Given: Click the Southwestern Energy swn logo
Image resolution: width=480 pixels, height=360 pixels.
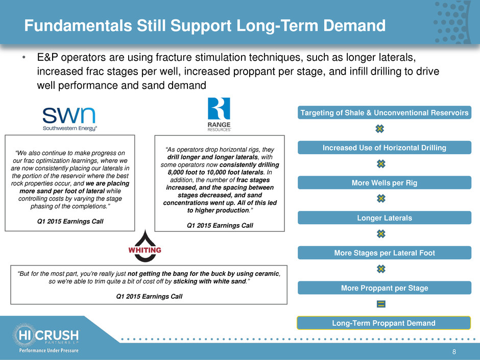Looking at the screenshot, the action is (x=69, y=119).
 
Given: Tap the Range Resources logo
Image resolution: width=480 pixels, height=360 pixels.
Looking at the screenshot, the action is (x=219, y=114).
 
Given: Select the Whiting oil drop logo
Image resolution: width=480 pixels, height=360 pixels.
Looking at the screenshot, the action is (x=145, y=246).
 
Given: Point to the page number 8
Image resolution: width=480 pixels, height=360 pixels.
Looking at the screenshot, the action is (x=454, y=352).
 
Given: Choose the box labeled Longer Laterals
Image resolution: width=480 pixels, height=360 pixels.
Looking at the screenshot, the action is (x=384, y=218).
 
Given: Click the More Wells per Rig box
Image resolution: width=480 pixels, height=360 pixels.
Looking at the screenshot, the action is (x=384, y=183).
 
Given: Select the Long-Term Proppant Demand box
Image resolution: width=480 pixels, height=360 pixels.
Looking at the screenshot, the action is (x=383, y=323).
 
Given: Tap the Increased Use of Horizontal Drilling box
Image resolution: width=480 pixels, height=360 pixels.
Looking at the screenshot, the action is (x=384, y=148).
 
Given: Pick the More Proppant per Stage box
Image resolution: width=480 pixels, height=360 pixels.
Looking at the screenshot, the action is (x=384, y=288).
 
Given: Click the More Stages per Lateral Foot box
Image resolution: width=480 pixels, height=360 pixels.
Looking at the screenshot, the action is (x=384, y=253).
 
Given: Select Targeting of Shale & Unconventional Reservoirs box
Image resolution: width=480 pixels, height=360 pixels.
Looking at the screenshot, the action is (x=384, y=113).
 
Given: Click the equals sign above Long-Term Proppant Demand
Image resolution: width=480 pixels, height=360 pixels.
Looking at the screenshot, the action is (x=381, y=304).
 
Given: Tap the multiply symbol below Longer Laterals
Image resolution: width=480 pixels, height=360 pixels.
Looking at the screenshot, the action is (x=381, y=234).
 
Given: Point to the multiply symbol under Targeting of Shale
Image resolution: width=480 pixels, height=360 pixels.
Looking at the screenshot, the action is (x=379, y=129).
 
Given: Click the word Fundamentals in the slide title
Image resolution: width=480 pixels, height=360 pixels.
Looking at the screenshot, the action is (x=78, y=26).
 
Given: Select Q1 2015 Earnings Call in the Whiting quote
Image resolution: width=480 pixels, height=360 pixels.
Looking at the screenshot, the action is (x=149, y=296).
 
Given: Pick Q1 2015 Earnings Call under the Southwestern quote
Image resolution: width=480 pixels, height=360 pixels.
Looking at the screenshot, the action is (x=70, y=221).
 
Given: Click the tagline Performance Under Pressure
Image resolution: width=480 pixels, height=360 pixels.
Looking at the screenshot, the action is (x=49, y=350).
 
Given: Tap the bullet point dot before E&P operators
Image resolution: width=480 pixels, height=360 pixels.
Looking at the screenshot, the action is (x=23, y=58).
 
